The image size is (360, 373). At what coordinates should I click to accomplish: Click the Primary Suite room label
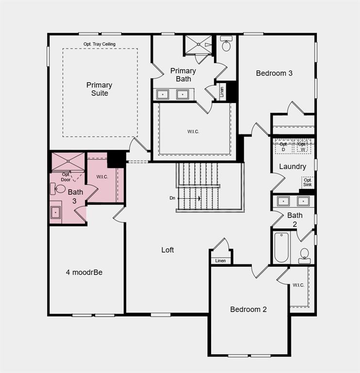pos(99,89)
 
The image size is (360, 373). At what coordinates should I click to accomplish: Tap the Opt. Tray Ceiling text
pos(99,44)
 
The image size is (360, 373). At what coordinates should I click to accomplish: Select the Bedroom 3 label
pos(274,73)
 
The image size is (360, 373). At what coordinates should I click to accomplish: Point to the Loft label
pos(168,250)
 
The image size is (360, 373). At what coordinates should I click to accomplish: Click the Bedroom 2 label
pos(248,309)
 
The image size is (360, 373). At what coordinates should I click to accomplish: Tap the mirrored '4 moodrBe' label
pos(84,272)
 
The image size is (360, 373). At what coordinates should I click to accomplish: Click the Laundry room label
pos(293,167)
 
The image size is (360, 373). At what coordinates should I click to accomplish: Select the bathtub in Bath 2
pos(281,247)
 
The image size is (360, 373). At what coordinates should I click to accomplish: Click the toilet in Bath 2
pos(305,254)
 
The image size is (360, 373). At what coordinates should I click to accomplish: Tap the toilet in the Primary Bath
pos(226,45)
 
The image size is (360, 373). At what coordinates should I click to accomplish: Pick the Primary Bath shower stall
pos(198,45)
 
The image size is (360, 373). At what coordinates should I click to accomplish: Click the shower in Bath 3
pos(68,162)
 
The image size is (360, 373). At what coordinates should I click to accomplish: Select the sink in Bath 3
pos(56,212)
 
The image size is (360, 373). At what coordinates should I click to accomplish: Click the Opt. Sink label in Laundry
pos(308,182)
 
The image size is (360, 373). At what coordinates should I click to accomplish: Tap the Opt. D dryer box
pos(284,146)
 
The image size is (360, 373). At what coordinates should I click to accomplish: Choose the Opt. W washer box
pos(302,146)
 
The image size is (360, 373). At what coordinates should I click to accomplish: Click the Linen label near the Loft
pos(220,261)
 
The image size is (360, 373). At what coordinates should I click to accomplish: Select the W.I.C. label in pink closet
pos(102,177)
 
